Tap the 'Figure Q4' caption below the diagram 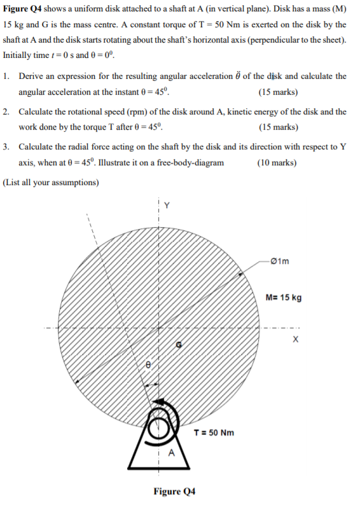[174, 491]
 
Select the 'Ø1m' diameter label [280, 260]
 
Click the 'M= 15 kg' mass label [285, 298]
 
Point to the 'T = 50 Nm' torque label [214, 432]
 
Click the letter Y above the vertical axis [167, 205]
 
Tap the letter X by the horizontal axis [295, 340]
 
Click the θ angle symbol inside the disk [148, 366]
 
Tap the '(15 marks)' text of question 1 [279, 90]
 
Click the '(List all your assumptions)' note [51, 183]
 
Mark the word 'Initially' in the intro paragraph [18, 54]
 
